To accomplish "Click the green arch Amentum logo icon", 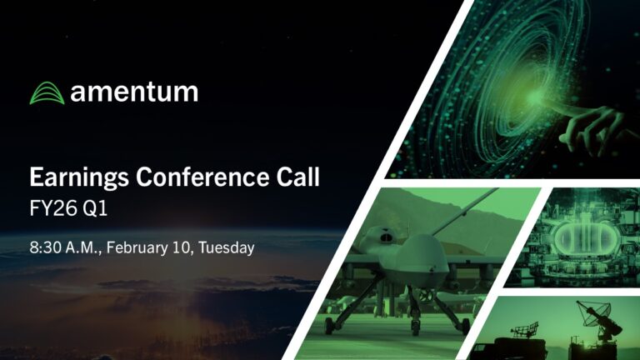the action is pos(47,93).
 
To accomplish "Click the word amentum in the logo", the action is pos(134,92).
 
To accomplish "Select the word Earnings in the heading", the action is pos(79,178).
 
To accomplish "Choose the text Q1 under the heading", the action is pos(95,209).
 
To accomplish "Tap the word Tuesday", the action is pos(227,248).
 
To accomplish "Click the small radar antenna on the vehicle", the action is pos(524,329).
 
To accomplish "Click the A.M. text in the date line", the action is pos(84,247).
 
